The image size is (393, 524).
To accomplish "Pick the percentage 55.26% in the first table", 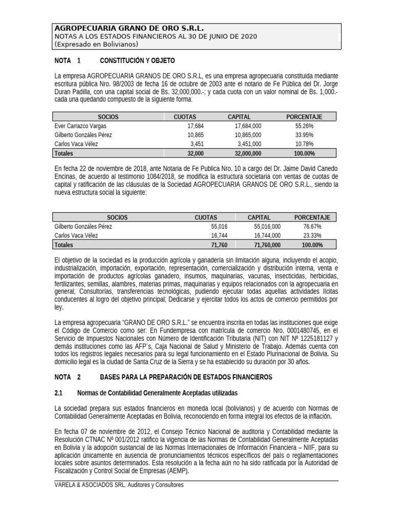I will pos(304,125).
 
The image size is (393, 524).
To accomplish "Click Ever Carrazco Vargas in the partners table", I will pos(80,125).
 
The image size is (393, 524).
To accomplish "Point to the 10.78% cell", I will pos(304,144).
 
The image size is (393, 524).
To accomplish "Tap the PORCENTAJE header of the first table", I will pos(304,117).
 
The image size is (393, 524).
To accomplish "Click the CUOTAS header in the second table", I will pos(206,217).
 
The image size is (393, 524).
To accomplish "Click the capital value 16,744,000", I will pos(267,235).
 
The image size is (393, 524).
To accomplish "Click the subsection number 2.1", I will pos(58,393).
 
